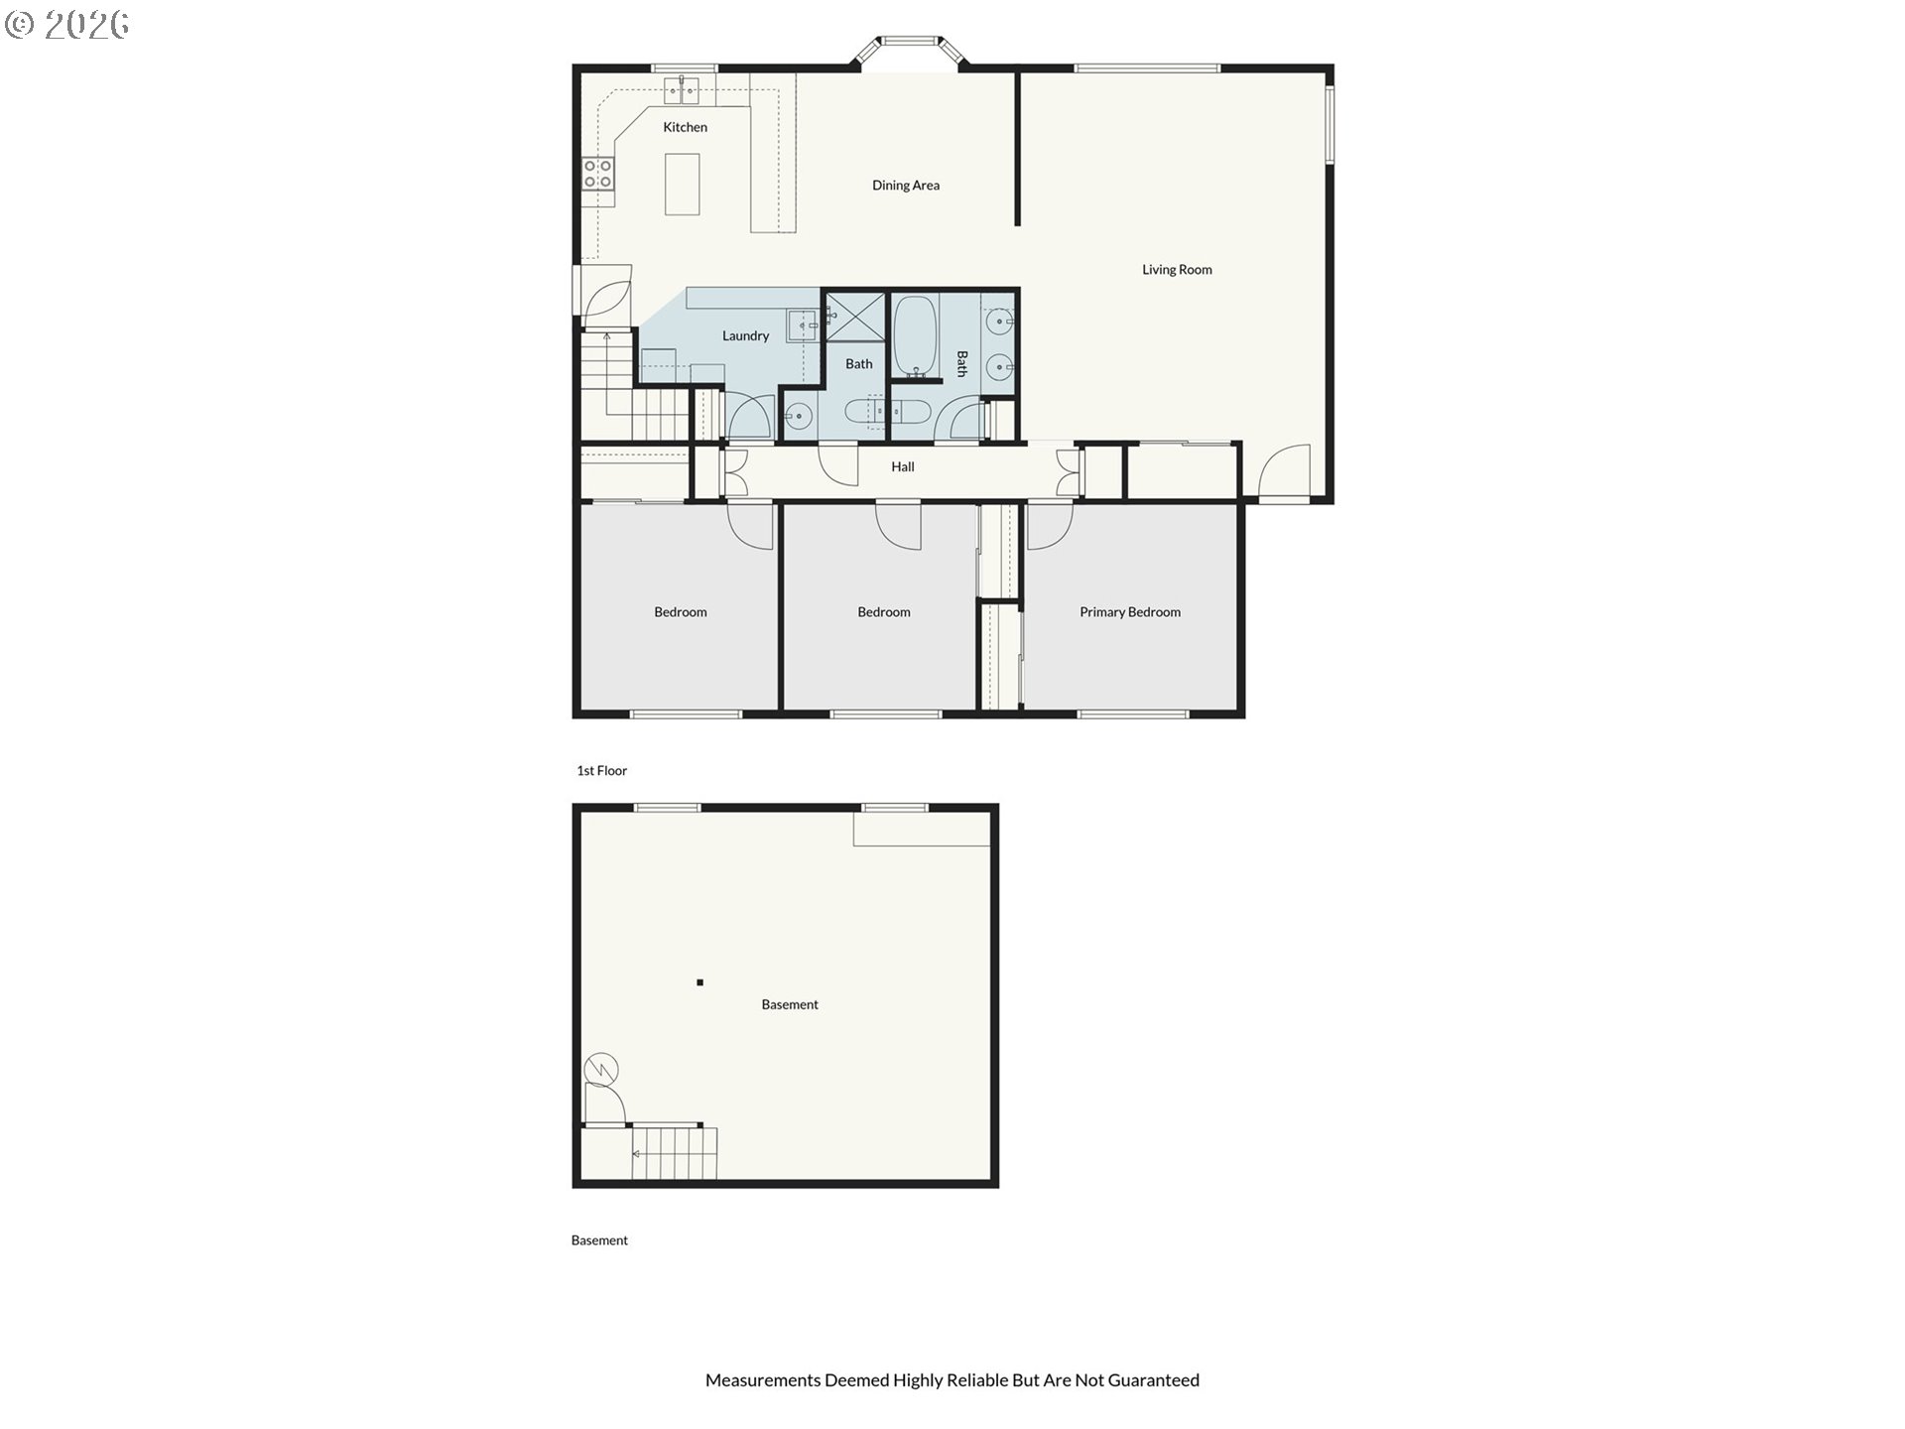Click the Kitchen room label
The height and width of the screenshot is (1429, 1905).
[685, 127]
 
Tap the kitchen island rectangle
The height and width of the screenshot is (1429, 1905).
[682, 184]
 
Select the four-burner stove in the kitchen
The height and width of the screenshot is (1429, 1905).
[598, 174]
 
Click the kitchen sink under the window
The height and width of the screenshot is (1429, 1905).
[682, 91]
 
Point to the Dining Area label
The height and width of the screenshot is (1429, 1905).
[906, 186]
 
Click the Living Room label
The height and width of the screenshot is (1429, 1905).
[1177, 270]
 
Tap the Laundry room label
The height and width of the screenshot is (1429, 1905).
[745, 336]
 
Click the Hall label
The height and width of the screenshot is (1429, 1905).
[903, 466]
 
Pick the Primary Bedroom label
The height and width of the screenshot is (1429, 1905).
[1130, 612]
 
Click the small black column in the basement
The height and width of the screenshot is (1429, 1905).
[699, 982]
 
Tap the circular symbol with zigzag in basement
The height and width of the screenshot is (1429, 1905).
[602, 1069]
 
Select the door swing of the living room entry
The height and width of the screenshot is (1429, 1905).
[1285, 470]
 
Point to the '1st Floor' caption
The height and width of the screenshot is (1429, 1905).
[602, 770]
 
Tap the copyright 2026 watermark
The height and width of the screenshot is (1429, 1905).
[66, 25]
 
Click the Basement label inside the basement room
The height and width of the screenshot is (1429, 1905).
[790, 1005]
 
